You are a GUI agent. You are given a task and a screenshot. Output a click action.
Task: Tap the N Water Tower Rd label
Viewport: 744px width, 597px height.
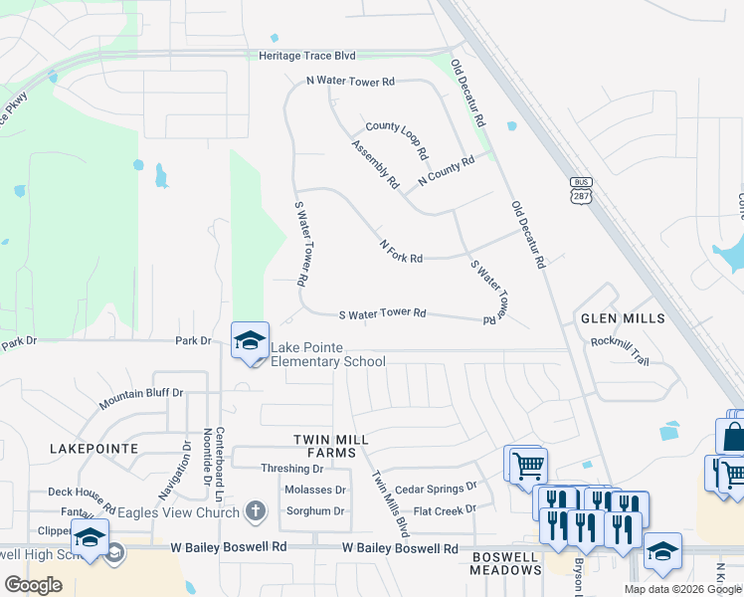click(x=350, y=82)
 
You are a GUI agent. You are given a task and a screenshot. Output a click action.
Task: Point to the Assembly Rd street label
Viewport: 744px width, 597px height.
click(x=375, y=164)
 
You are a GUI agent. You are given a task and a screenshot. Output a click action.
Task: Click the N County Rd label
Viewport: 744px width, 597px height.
click(x=447, y=171)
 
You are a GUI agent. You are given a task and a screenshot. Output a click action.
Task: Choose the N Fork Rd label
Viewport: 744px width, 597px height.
click(x=401, y=251)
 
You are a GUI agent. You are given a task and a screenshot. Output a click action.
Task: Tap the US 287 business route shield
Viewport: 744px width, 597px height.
click(x=581, y=190)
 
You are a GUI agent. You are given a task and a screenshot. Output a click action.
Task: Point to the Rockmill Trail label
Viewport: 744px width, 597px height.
click(x=620, y=350)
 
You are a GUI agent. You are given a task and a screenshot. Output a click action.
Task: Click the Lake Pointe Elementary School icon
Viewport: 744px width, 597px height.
click(x=250, y=341)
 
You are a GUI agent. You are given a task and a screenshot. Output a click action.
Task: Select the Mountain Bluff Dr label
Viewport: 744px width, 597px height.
click(x=141, y=399)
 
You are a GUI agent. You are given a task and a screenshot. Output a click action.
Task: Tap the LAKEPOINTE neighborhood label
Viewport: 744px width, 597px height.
click(x=93, y=449)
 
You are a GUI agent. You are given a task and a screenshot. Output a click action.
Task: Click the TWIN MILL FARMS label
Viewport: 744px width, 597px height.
click(x=331, y=446)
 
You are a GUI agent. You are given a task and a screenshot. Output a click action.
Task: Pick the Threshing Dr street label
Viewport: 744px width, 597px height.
click(x=292, y=469)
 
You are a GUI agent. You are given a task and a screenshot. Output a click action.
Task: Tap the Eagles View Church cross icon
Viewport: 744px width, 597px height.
click(x=256, y=512)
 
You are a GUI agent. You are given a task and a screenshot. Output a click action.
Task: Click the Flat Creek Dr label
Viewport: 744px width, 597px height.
click(x=445, y=510)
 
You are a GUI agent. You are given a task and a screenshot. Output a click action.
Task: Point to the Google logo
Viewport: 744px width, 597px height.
click(x=33, y=584)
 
